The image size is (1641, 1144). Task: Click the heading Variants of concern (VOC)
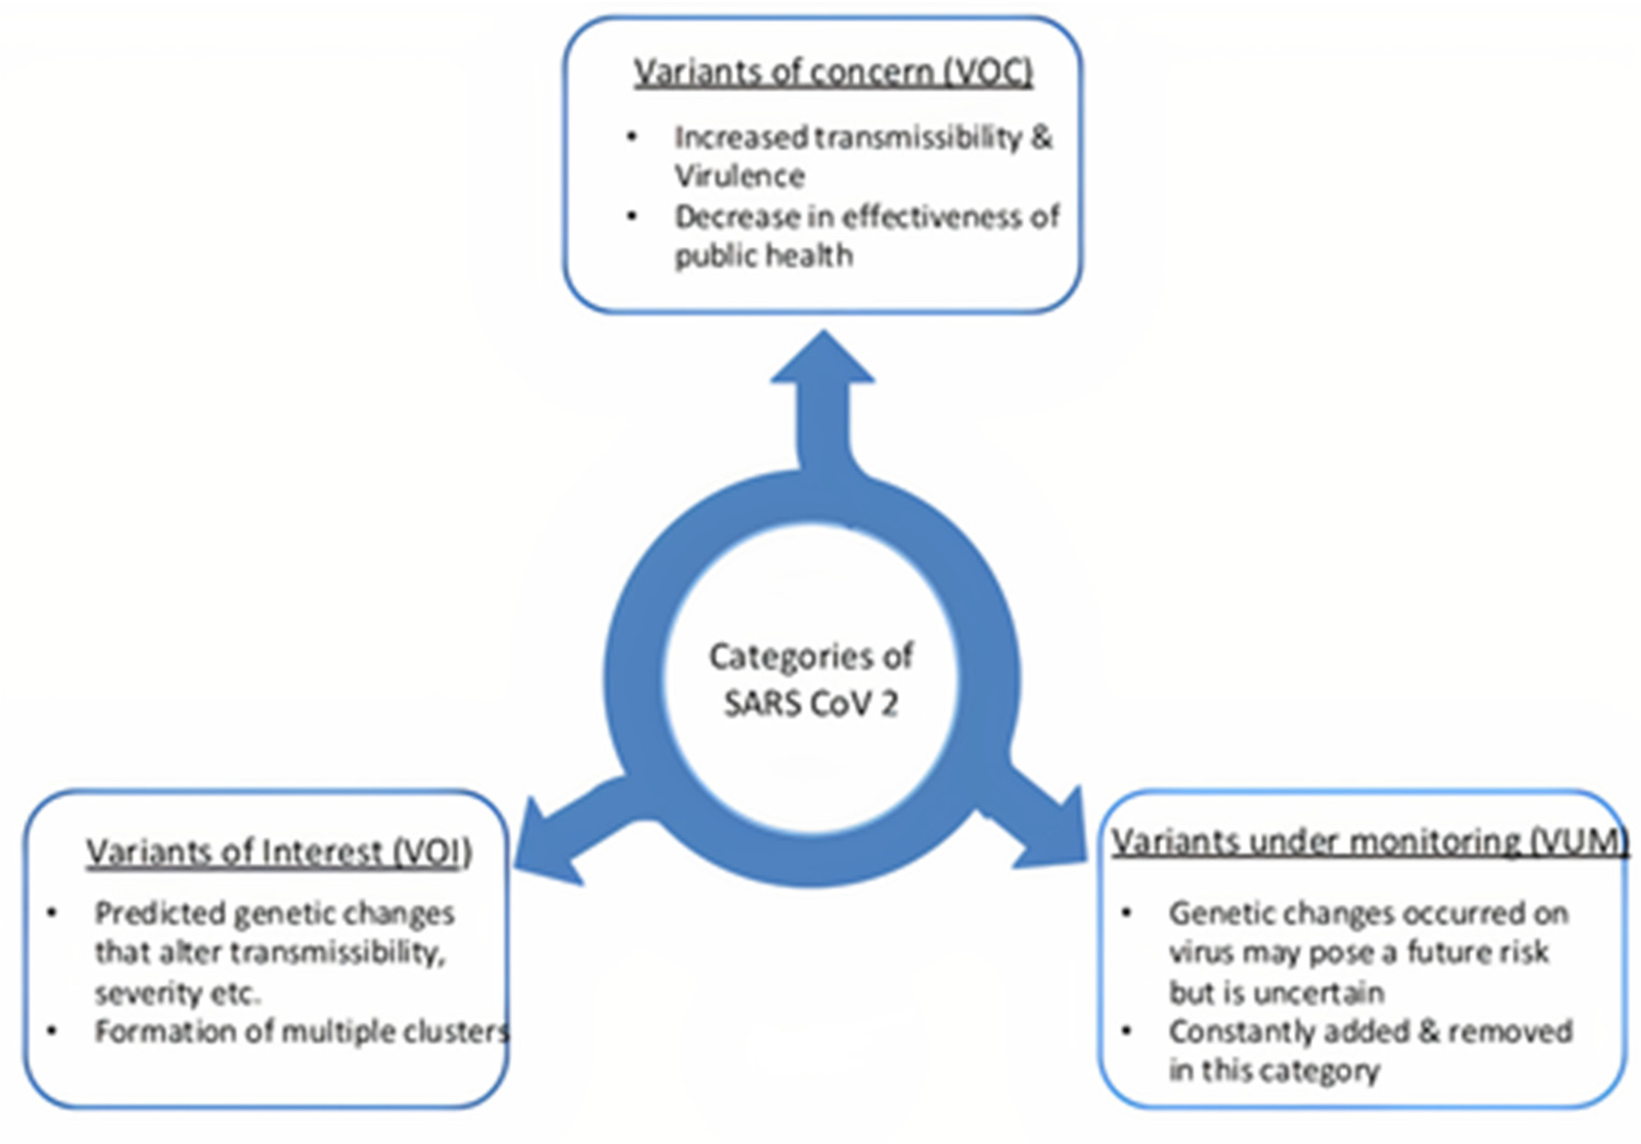click(833, 72)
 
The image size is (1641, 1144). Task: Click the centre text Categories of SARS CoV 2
click(811, 680)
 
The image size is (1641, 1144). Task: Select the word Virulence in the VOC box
click(740, 176)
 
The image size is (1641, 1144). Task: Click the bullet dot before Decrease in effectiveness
click(632, 216)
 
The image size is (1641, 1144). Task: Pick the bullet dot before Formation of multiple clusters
click(52, 1031)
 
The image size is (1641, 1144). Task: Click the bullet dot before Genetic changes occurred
click(1127, 913)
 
